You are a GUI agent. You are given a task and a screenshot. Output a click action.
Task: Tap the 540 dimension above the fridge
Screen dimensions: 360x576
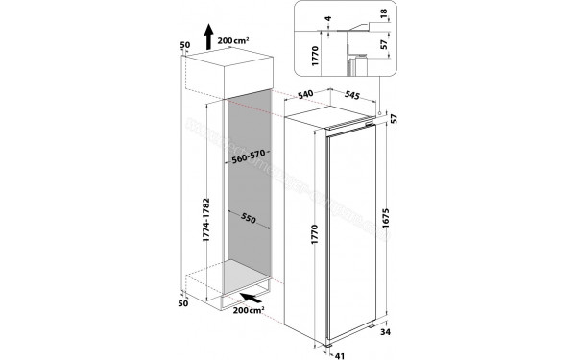(307, 94)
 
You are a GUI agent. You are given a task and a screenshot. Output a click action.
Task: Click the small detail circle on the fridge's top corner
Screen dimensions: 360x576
(381, 113)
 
